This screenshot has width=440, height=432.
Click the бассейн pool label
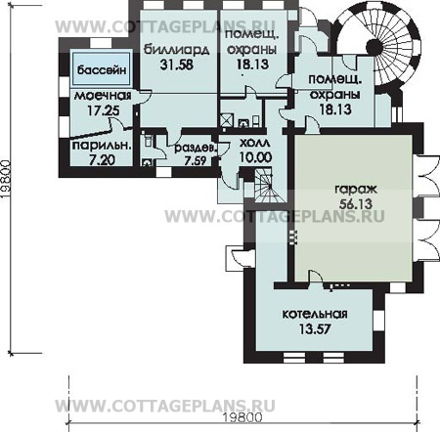tap(102, 69)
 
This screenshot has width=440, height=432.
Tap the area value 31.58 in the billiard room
tap(177, 65)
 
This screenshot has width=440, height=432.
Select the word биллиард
tap(177, 50)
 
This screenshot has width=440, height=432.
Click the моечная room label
tap(103, 96)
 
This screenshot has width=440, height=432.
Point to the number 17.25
tap(103, 110)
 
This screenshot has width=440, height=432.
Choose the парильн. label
tap(102, 146)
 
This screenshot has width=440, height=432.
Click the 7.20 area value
tap(102, 160)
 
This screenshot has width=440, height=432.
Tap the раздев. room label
tap(196, 149)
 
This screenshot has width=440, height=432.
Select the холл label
tap(254, 143)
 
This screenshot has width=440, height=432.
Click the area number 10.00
tap(255, 157)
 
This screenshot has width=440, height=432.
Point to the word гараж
tap(356, 190)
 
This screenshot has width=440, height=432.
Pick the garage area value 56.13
tap(356, 204)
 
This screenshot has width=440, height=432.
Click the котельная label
tap(315, 314)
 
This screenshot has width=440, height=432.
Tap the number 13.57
tap(315, 328)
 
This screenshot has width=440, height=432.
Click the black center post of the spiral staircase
tap(374, 47)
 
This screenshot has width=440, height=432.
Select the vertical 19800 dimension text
tap(7, 180)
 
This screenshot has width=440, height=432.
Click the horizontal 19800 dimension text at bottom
tap(242, 417)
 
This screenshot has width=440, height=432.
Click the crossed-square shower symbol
tap(227, 120)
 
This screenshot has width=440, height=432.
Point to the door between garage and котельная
tap(316, 280)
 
